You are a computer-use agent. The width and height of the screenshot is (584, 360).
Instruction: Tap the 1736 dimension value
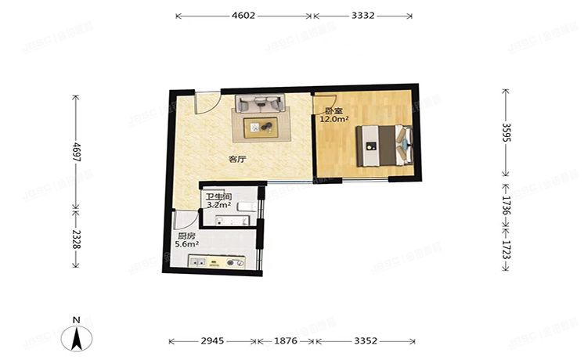click(x=506, y=207)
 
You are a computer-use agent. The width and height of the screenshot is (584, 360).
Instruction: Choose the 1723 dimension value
click(x=506, y=250)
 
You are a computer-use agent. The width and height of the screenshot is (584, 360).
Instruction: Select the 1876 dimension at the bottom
click(x=286, y=341)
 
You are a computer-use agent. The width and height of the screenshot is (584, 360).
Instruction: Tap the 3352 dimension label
click(x=366, y=341)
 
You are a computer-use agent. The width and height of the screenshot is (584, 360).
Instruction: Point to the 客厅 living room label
click(x=236, y=159)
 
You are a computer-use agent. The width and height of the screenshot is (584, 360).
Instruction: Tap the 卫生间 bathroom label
click(x=218, y=197)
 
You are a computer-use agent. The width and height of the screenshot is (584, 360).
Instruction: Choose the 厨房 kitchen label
click(x=186, y=236)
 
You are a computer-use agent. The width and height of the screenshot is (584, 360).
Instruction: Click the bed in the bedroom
click(x=382, y=145)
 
